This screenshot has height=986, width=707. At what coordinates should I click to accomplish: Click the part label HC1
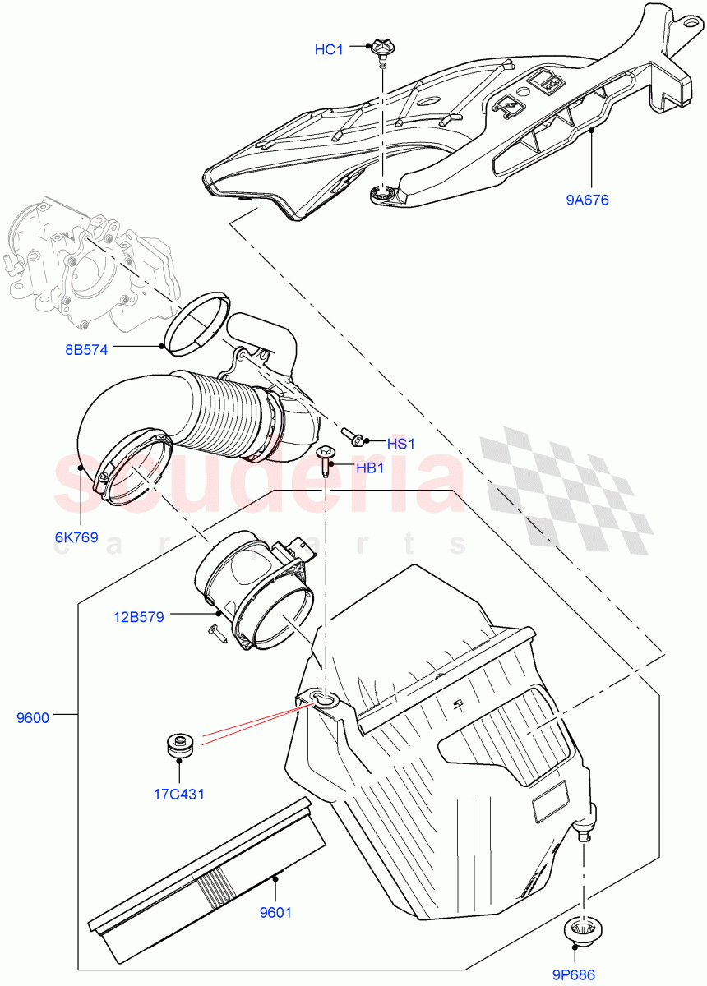coord(329,50)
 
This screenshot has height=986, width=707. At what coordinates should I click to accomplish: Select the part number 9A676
coord(587,199)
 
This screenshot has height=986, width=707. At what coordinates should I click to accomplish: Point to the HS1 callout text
coord(401,444)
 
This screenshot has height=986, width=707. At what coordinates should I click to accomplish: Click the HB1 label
coord(371,468)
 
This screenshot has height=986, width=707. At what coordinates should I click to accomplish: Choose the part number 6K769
coord(76,538)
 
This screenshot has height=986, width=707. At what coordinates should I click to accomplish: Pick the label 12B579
coord(138,615)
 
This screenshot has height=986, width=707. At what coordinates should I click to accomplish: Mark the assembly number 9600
coord(33,717)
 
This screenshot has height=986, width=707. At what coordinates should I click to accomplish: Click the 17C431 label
coord(178,795)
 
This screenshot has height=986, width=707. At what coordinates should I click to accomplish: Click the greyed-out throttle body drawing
coord(90,263)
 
